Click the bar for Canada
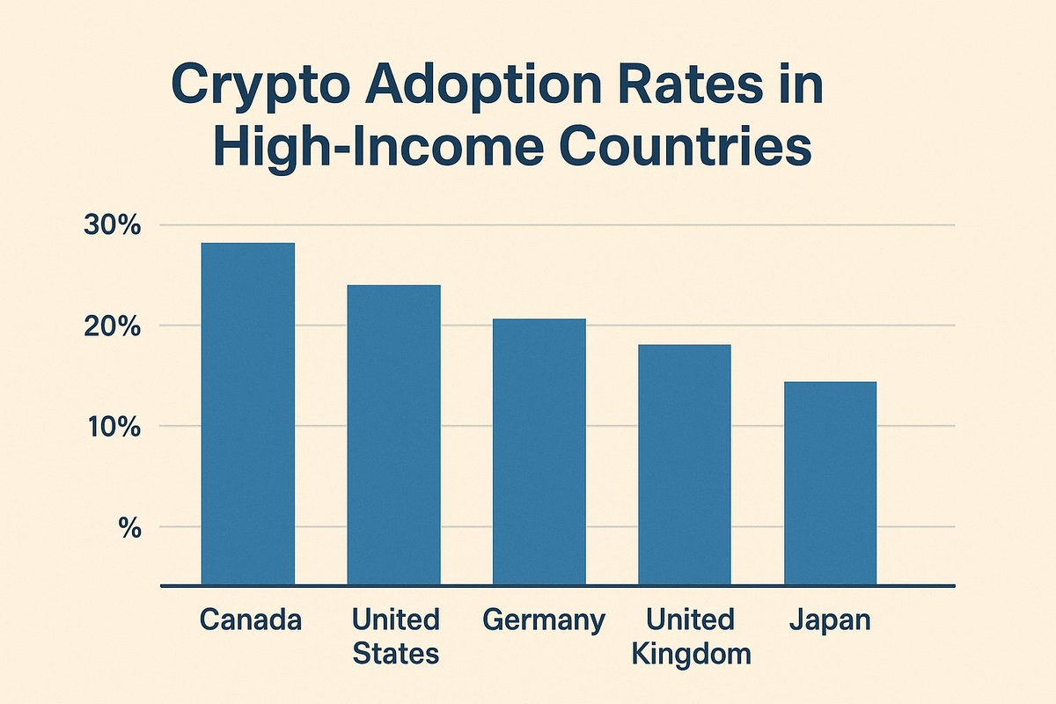tap(248, 414)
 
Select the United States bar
tap(393, 435)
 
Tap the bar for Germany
tap(539, 451)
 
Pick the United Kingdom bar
tap(685, 465)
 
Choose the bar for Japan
tap(830, 483)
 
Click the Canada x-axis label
tap(250, 620)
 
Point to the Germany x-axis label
tap(544, 621)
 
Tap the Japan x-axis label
tap(829, 621)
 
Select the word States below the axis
tap(395, 654)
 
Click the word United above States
tap(395, 620)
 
